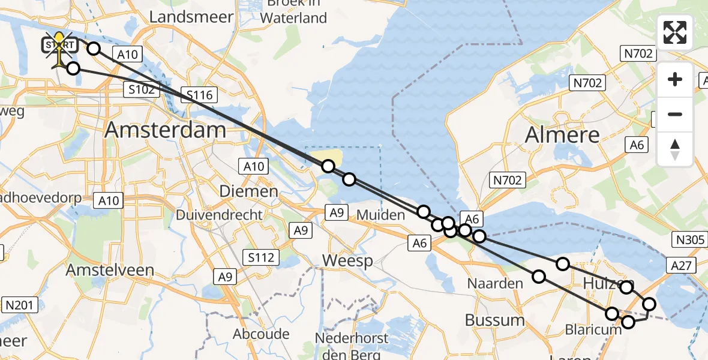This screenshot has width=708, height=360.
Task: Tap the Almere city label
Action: (562, 135)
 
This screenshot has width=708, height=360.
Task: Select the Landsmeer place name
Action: (191, 17)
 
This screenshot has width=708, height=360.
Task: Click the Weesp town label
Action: (347, 261)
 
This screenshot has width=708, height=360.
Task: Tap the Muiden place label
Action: (380, 215)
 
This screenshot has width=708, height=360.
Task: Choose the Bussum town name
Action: (494, 320)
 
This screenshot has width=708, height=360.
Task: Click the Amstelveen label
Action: (110, 270)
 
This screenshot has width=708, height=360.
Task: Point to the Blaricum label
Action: (593, 329)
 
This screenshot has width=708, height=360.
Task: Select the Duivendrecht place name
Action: (220, 215)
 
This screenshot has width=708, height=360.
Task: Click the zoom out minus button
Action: (675, 115)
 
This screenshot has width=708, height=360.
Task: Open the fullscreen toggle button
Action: (675, 32)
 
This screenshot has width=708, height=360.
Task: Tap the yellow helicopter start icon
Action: (59, 48)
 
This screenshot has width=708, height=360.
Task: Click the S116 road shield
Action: (200, 95)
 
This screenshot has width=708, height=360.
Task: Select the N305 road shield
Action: (688, 241)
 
